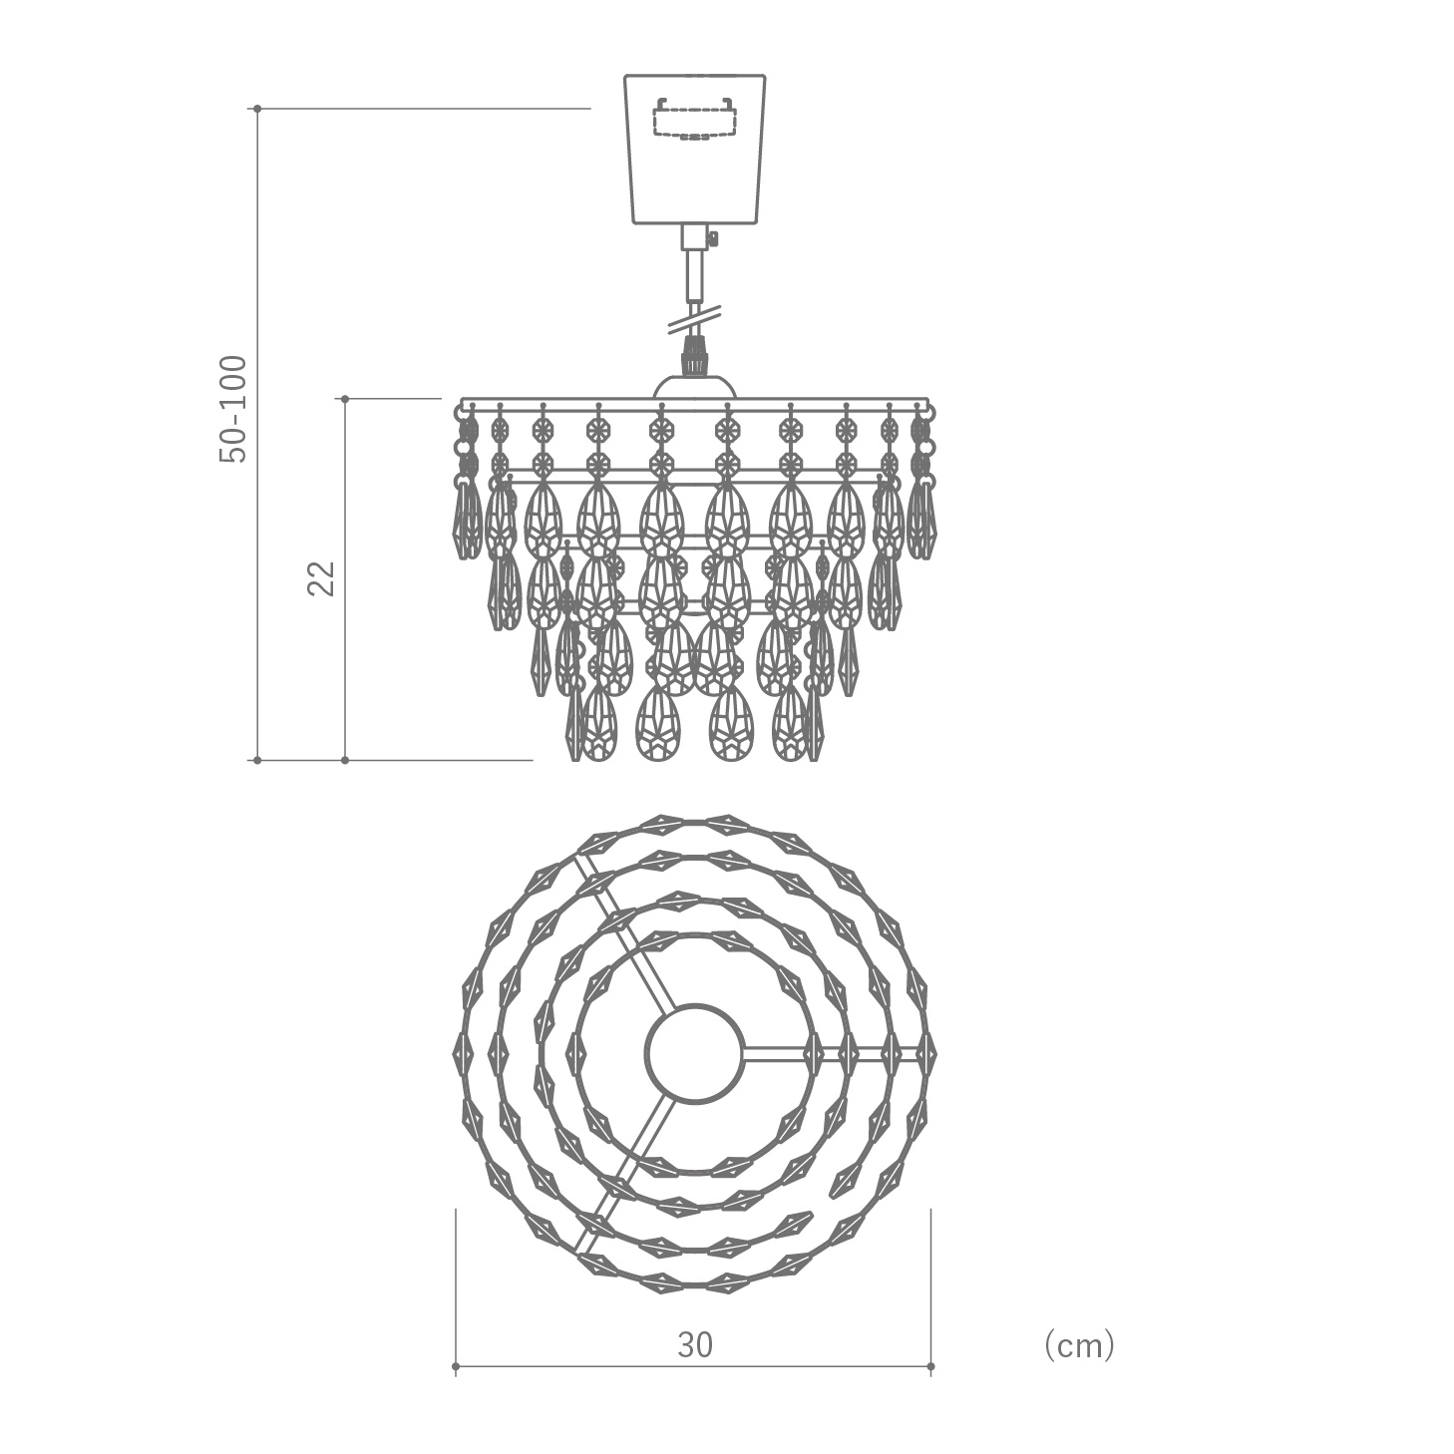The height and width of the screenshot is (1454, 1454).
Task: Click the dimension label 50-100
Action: pos(232,409)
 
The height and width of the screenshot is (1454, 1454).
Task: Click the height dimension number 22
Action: pos(321,578)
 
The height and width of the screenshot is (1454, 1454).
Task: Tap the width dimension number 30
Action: pos(695,1344)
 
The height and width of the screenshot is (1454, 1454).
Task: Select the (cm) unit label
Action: pos(1079,1344)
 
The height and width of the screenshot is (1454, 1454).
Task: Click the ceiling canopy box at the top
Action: pos(695,149)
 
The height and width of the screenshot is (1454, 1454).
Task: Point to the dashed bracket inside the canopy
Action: pos(695,119)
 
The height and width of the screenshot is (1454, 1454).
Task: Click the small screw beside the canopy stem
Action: pos(713,239)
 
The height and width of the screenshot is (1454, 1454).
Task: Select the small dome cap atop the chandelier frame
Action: pos(694,386)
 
